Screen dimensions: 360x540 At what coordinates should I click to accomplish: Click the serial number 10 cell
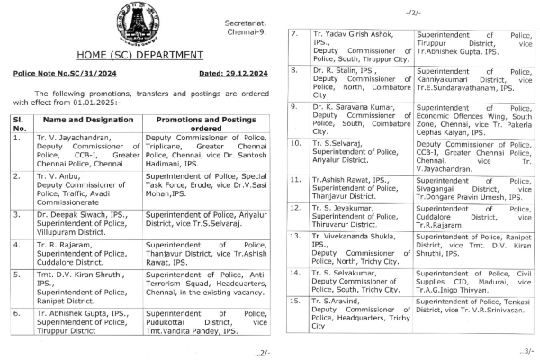293,143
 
